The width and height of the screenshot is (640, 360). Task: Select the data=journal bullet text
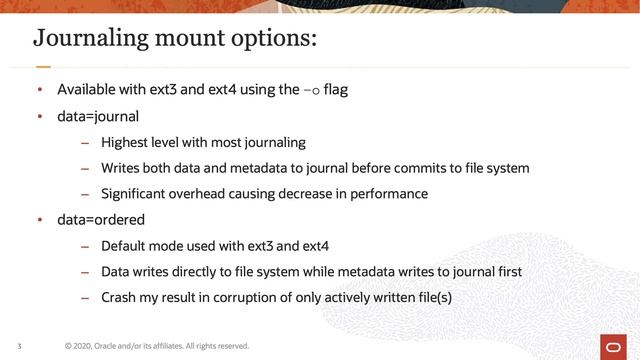click(x=98, y=116)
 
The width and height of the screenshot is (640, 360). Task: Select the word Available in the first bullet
click(x=86, y=91)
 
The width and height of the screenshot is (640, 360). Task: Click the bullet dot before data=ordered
click(x=40, y=219)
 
